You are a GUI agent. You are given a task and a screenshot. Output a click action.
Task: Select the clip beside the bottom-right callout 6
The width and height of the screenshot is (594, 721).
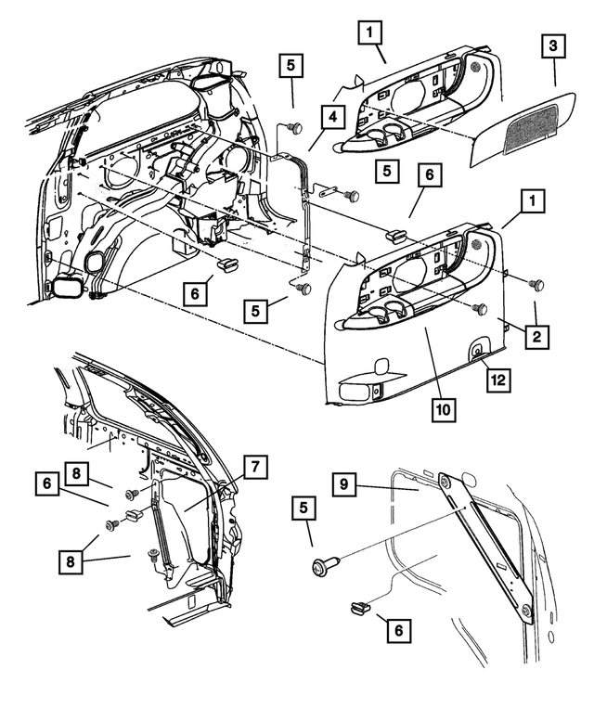[x=356, y=609]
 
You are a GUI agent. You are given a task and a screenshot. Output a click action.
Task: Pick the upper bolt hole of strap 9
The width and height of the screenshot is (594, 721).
[x=446, y=481]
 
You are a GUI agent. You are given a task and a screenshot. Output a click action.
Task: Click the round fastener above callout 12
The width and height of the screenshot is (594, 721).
[x=475, y=352]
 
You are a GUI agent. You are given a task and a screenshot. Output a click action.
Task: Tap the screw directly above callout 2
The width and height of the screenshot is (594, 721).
[x=534, y=283]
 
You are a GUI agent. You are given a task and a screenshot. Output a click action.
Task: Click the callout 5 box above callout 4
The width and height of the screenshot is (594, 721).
[x=290, y=66]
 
